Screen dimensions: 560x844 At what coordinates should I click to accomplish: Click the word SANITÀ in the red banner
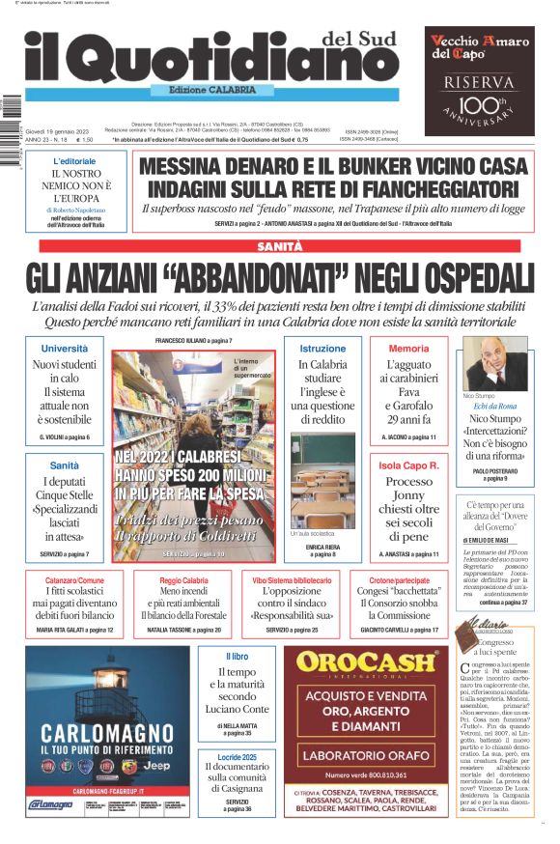pyautogui.click(x=279, y=247)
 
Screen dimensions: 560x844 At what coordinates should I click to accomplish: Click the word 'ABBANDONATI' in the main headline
pyautogui.click(x=256, y=277)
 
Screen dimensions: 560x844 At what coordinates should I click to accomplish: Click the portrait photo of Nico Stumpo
pyautogui.click(x=496, y=364)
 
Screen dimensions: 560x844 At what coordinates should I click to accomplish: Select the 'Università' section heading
pyautogui.click(x=65, y=348)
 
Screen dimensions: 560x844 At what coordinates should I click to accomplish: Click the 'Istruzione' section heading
pyautogui.click(x=322, y=348)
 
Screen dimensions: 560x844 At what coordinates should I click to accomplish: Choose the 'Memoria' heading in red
pyautogui.click(x=408, y=348)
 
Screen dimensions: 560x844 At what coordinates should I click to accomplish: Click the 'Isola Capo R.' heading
pyautogui.click(x=408, y=465)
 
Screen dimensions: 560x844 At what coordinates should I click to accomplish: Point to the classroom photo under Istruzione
pyautogui.click(x=322, y=479)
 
